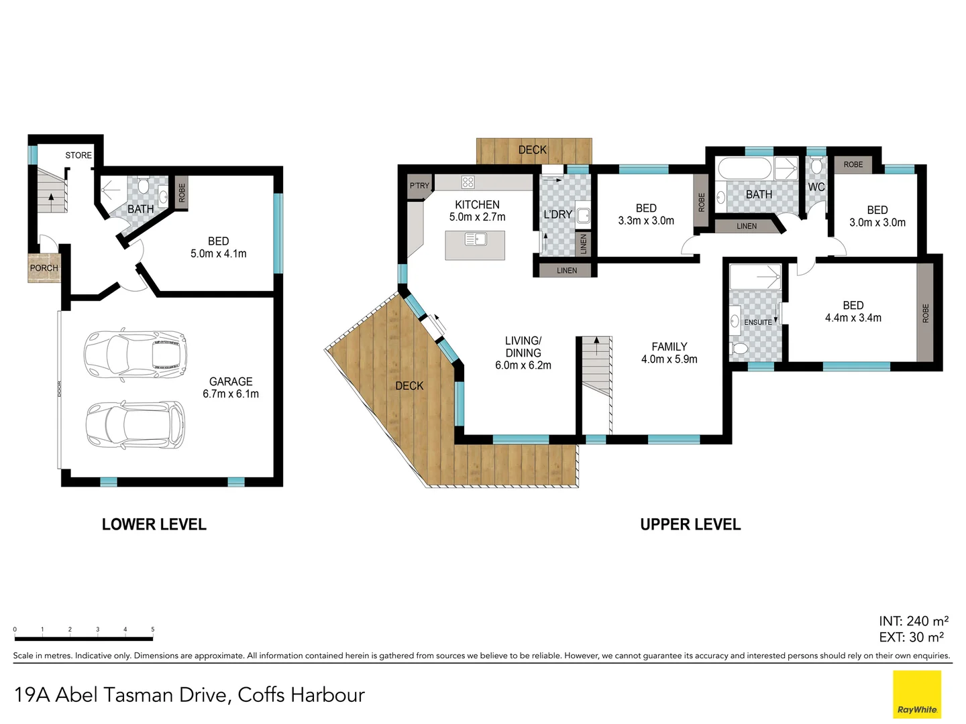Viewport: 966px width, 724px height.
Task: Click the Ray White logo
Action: coord(917,695)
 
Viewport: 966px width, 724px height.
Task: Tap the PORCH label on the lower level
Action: coord(44,268)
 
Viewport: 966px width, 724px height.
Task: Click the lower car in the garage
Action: coord(135,425)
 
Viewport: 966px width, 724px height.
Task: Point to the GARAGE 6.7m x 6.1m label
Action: coord(231,387)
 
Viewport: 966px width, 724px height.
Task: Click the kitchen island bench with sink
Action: coord(475,245)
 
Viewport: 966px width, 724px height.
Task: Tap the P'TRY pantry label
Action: coord(419,186)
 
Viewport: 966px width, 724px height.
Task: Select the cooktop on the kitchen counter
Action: coord(468,182)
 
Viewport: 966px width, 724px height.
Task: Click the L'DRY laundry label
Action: coord(557,215)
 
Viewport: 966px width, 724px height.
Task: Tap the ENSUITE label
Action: coord(757,322)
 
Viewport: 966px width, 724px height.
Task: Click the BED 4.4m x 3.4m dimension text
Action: coord(853,318)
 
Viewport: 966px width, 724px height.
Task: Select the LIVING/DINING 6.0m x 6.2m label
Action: coord(523,353)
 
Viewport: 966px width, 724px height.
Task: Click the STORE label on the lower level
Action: coord(78,156)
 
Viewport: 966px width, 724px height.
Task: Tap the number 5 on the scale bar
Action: coord(153,629)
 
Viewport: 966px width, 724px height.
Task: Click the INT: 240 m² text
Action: coord(913,621)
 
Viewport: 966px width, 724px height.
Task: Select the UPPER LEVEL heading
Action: coord(690,525)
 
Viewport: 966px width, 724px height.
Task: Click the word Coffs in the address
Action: coord(262,695)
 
